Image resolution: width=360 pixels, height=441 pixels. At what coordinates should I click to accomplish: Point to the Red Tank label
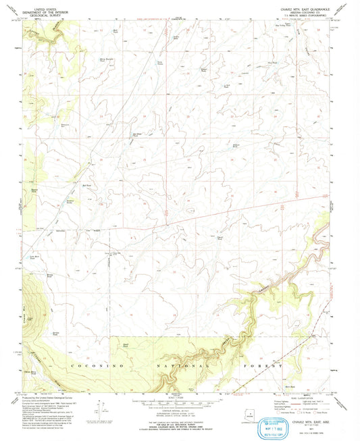click(x=86, y=183)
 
